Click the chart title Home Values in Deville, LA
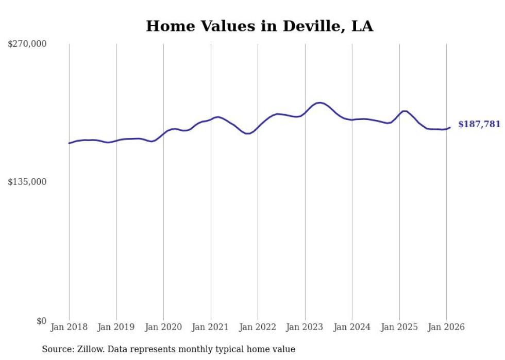pyautogui.click(x=259, y=26)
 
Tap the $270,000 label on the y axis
pyautogui.click(x=27, y=44)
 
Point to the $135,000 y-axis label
pyautogui.click(x=27, y=182)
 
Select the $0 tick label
pyautogui.click(x=41, y=321)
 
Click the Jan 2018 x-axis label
pyautogui.click(x=69, y=327)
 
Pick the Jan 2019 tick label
pyautogui.click(x=116, y=327)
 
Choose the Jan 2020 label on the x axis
pyautogui.click(x=163, y=327)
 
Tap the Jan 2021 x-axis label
pyautogui.click(x=211, y=327)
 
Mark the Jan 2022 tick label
pyautogui.click(x=258, y=327)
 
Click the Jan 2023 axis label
pyautogui.click(x=305, y=327)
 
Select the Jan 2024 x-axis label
pyautogui.click(x=352, y=327)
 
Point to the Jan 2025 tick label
pyautogui.click(x=399, y=327)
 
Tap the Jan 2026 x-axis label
pyautogui.click(x=446, y=327)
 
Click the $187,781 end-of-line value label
pyautogui.click(x=479, y=124)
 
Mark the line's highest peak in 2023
pyautogui.click(x=319, y=103)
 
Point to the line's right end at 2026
pyautogui.click(x=450, y=127)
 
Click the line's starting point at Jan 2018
pyautogui.click(x=69, y=143)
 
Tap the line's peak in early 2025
pyautogui.click(x=405, y=111)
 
